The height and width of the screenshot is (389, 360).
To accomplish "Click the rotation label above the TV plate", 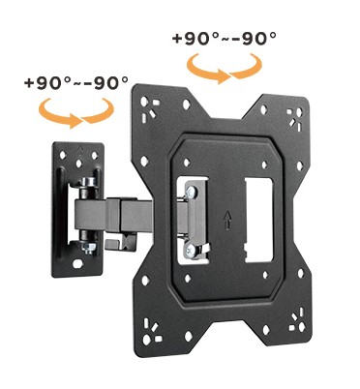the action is [225, 39].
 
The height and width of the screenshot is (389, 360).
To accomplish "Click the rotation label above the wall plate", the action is [76, 83].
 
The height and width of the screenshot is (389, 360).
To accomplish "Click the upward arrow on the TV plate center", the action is [227, 220].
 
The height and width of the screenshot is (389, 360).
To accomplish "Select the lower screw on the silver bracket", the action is [191, 249].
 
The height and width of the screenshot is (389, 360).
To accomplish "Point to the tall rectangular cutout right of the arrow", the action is [259, 220].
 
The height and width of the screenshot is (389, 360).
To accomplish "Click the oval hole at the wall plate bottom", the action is [77, 264].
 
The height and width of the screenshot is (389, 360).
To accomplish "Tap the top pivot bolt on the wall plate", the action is [89, 183].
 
